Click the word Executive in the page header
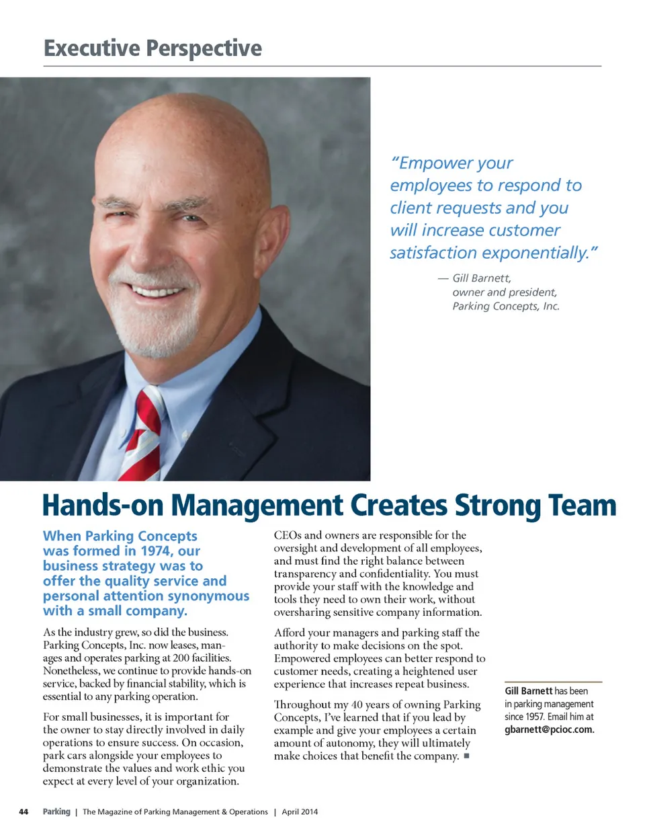tap(91, 48)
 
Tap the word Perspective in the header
tap(204, 48)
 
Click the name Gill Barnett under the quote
tap(481, 278)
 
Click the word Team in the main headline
tap(582, 506)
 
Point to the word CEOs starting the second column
tap(288, 535)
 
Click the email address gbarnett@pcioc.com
tap(549, 729)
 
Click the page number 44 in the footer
tap(24, 812)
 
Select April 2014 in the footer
tap(300, 812)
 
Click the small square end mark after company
tap(466, 756)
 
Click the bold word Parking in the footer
tap(56, 812)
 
